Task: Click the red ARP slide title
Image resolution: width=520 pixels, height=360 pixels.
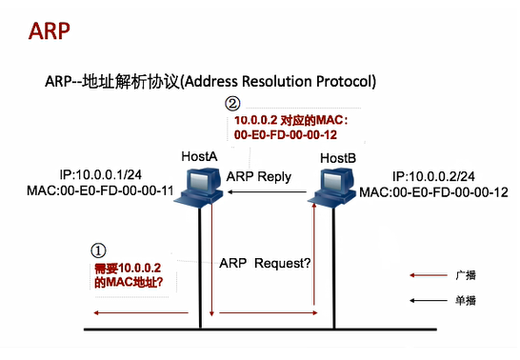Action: (x=49, y=30)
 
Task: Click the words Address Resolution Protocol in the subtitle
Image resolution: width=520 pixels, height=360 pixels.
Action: (x=285, y=80)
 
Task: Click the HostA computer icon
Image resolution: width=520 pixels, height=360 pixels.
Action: (x=202, y=187)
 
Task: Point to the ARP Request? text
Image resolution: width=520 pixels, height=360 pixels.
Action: (x=264, y=262)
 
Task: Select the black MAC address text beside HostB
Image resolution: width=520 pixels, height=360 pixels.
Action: (x=433, y=192)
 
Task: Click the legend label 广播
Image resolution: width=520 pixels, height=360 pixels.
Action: (x=466, y=275)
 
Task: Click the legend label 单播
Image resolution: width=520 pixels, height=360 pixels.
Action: (x=466, y=300)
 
